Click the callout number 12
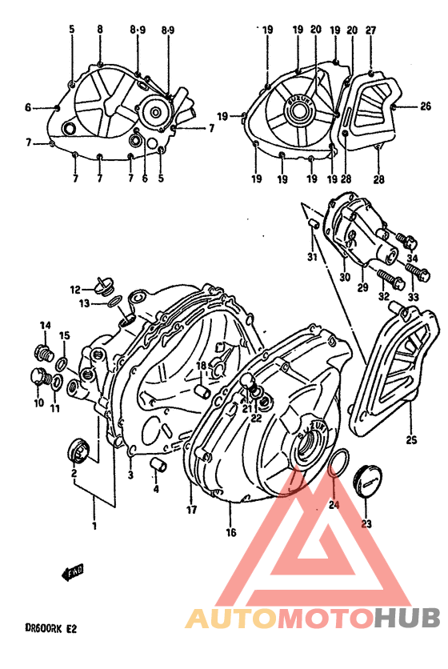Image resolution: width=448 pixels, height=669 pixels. (75, 290)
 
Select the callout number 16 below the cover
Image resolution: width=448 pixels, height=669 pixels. (230, 532)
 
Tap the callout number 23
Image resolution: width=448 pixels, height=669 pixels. (367, 525)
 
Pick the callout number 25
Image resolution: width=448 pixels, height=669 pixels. (412, 440)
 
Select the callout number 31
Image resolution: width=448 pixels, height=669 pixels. (313, 257)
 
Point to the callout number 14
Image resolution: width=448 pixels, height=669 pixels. (46, 325)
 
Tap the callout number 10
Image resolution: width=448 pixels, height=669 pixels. (38, 403)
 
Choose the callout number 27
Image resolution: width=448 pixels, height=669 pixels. (370, 30)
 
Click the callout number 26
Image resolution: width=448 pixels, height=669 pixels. (426, 106)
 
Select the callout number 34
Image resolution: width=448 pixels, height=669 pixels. (412, 258)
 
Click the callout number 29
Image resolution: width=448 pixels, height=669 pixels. (362, 286)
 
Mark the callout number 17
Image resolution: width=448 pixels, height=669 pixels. (192, 510)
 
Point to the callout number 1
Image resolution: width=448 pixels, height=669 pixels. (95, 526)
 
